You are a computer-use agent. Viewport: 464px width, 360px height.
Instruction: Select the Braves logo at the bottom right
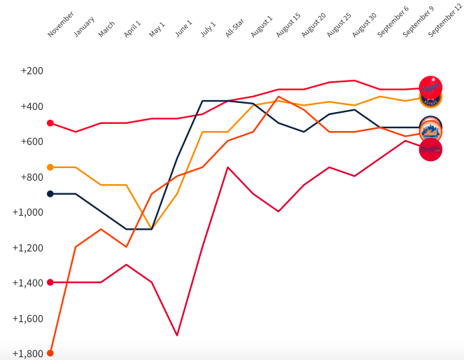(x=430, y=149)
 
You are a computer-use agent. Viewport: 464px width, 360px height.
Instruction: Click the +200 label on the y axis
(x=32, y=71)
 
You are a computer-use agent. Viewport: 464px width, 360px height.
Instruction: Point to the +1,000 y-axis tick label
(x=28, y=212)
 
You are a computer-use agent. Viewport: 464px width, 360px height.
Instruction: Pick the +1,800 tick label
(x=28, y=354)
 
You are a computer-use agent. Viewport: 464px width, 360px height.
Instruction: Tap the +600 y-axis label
(x=32, y=141)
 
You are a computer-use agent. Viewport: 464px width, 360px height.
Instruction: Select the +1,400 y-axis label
(x=28, y=283)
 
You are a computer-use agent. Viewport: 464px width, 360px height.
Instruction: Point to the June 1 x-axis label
(x=184, y=27)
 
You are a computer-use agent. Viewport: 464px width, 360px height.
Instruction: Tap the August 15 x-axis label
(x=288, y=24)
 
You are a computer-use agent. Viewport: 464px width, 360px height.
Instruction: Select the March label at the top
(x=107, y=29)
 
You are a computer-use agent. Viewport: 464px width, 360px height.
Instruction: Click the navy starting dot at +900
(x=50, y=194)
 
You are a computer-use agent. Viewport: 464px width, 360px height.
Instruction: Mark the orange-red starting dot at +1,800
(x=50, y=353)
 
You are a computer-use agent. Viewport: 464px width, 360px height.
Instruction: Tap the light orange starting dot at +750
(x=50, y=167)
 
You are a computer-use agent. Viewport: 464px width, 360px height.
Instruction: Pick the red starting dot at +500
(x=50, y=123)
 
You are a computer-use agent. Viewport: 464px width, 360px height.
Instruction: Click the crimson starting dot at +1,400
(x=50, y=282)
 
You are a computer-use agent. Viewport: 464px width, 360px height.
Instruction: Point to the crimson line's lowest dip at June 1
(x=177, y=335)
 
